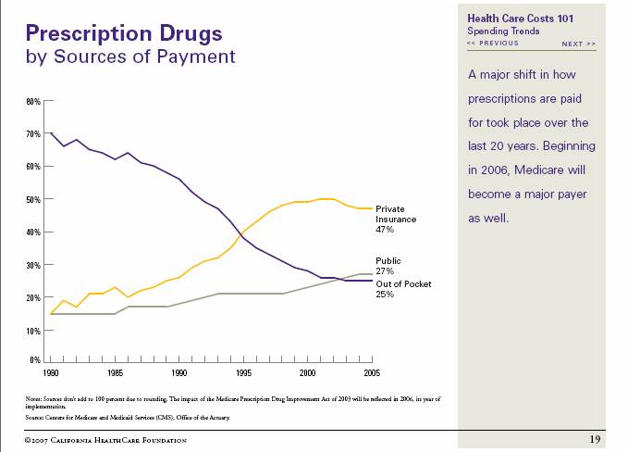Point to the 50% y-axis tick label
(x=33, y=199)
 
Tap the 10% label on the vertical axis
(x=33, y=331)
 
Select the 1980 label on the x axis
(x=50, y=372)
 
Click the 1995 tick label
(x=243, y=372)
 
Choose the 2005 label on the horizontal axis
(x=372, y=372)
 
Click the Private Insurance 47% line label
(x=396, y=220)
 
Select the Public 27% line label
(x=388, y=266)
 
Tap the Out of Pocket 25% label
(x=402, y=289)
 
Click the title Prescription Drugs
(x=124, y=34)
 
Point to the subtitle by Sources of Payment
(x=130, y=57)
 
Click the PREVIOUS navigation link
(x=493, y=44)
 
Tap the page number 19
(x=596, y=438)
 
